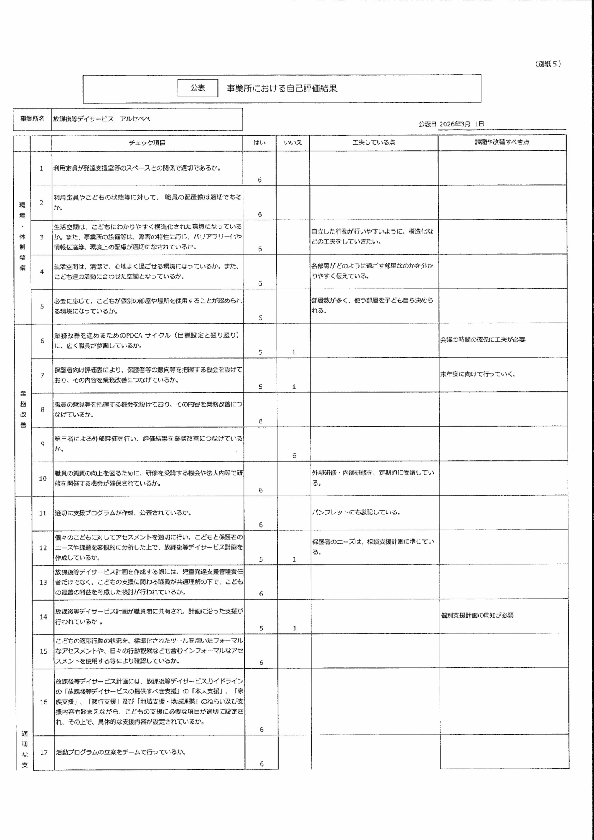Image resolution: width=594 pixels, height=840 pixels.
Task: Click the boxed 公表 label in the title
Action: click(x=197, y=88)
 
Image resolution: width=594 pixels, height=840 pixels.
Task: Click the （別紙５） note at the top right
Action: click(x=548, y=64)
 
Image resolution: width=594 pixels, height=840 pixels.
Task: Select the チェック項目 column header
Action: click(x=147, y=143)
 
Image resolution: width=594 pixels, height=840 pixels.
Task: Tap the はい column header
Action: click(x=259, y=143)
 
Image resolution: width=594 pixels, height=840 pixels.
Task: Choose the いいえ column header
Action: click(x=293, y=143)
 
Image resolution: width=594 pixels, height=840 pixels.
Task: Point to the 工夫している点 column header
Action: click(x=373, y=143)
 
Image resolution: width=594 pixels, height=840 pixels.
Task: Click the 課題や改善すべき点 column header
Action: click(x=502, y=142)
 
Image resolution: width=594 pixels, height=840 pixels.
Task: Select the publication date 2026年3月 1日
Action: click(x=461, y=124)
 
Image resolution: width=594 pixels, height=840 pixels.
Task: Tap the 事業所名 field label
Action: click(x=32, y=119)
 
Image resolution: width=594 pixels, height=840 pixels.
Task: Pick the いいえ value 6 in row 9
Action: click(x=294, y=456)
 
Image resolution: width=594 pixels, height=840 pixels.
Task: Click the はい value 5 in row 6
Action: click(x=260, y=352)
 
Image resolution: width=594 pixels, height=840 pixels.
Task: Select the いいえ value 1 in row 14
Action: click(x=295, y=628)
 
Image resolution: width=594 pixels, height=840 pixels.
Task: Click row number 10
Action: click(x=43, y=478)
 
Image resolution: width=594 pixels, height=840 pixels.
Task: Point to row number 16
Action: click(x=44, y=702)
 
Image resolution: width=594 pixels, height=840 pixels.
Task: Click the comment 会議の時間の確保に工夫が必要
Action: click(x=483, y=340)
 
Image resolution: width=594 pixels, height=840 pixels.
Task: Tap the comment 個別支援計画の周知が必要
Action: click(x=477, y=615)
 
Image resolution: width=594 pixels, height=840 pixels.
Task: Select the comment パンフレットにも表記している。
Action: click(x=356, y=512)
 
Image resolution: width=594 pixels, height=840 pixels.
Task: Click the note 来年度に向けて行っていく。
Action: click(x=478, y=374)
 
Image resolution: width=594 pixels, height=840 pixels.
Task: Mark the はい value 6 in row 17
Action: click(x=262, y=764)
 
